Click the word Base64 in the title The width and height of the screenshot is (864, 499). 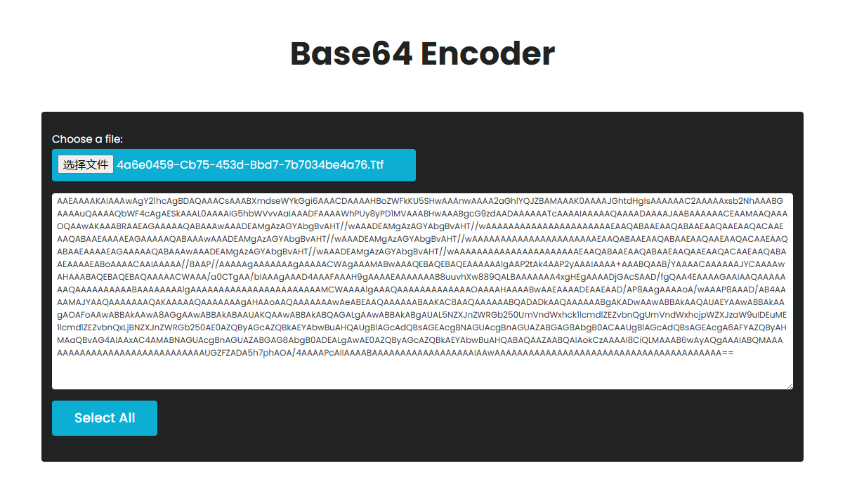point(349,54)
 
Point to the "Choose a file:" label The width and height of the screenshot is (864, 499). point(87,139)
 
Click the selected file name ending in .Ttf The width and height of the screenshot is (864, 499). point(250,165)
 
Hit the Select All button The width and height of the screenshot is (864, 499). point(105,418)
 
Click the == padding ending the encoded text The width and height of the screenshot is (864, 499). point(728,353)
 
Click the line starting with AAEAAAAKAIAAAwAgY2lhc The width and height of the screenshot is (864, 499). point(421,201)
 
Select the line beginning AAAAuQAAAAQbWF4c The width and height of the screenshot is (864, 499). point(421,214)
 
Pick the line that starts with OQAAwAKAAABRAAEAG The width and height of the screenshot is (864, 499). point(421,226)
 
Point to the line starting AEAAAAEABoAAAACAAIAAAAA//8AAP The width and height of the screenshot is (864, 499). point(421,264)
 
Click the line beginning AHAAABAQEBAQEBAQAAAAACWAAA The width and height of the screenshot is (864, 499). point(421,277)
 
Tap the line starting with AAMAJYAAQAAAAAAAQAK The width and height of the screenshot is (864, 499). point(421,302)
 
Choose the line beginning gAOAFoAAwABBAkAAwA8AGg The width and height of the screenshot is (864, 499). point(421,315)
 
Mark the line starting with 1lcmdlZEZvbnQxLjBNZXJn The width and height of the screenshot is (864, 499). point(421,328)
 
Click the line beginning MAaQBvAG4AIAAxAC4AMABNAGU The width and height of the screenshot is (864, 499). point(421,340)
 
